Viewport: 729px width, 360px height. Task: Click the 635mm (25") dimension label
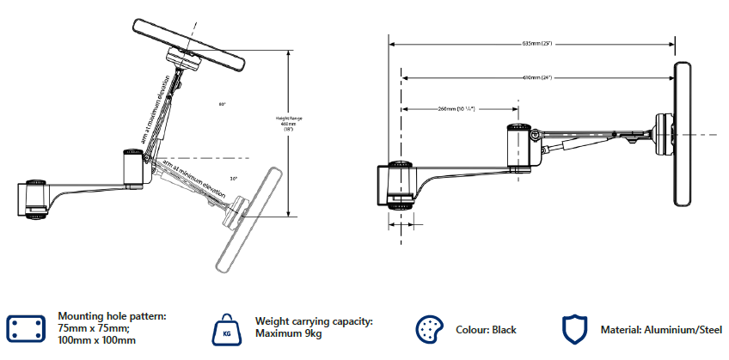pyautogui.click(x=536, y=43)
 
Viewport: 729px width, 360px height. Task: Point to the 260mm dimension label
pyautogui.click(x=457, y=109)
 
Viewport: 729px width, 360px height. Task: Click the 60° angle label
pyautogui.click(x=222, y=104)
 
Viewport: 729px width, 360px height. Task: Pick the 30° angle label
pyautogui.click(x=234, y=179)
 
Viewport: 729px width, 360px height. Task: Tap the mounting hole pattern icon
pyautogui.click(x=27, y=327)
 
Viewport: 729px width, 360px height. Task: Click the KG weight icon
pyautogui.click(x=226, y=328)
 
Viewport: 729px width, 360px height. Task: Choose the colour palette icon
pyautogui.click(x=428, y=329)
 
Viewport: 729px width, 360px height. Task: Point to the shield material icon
pyautogui.click(x=574, y=329)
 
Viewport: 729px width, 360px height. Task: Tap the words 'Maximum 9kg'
pyautogui.click(x=288, y=334)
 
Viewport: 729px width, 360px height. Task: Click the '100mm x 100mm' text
pyautogui.click(x=97, y=341)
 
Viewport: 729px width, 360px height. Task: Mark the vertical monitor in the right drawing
pyautogui.click(x=683, y=135)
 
